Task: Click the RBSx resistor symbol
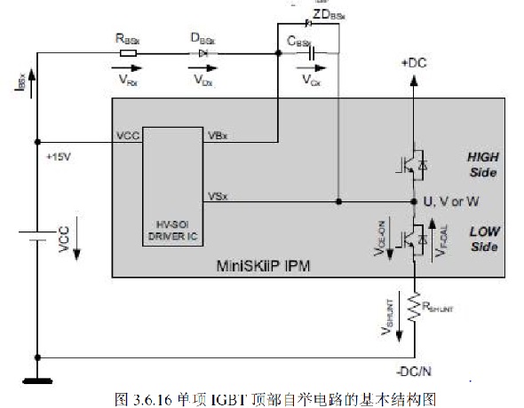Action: (x=127, y=53)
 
